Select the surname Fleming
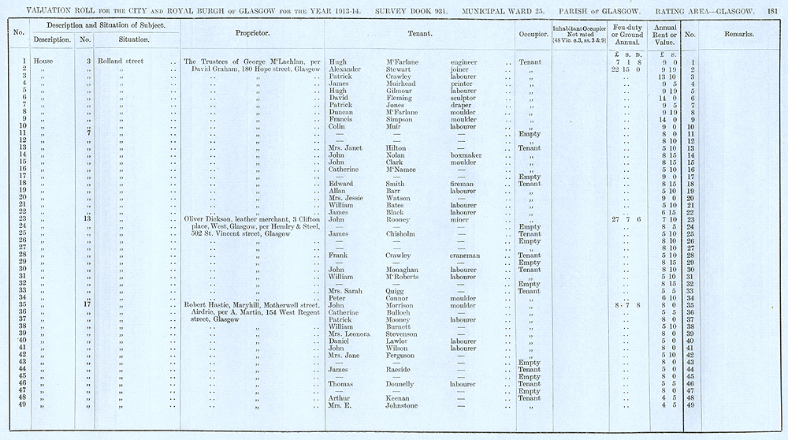[x=400, y=98]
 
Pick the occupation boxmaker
[x=466, y=155]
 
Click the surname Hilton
[x=397, y=148]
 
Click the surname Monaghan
[x=403, y=270]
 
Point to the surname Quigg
[x=396, y=291]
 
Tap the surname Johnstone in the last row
[x=404, y=406]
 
